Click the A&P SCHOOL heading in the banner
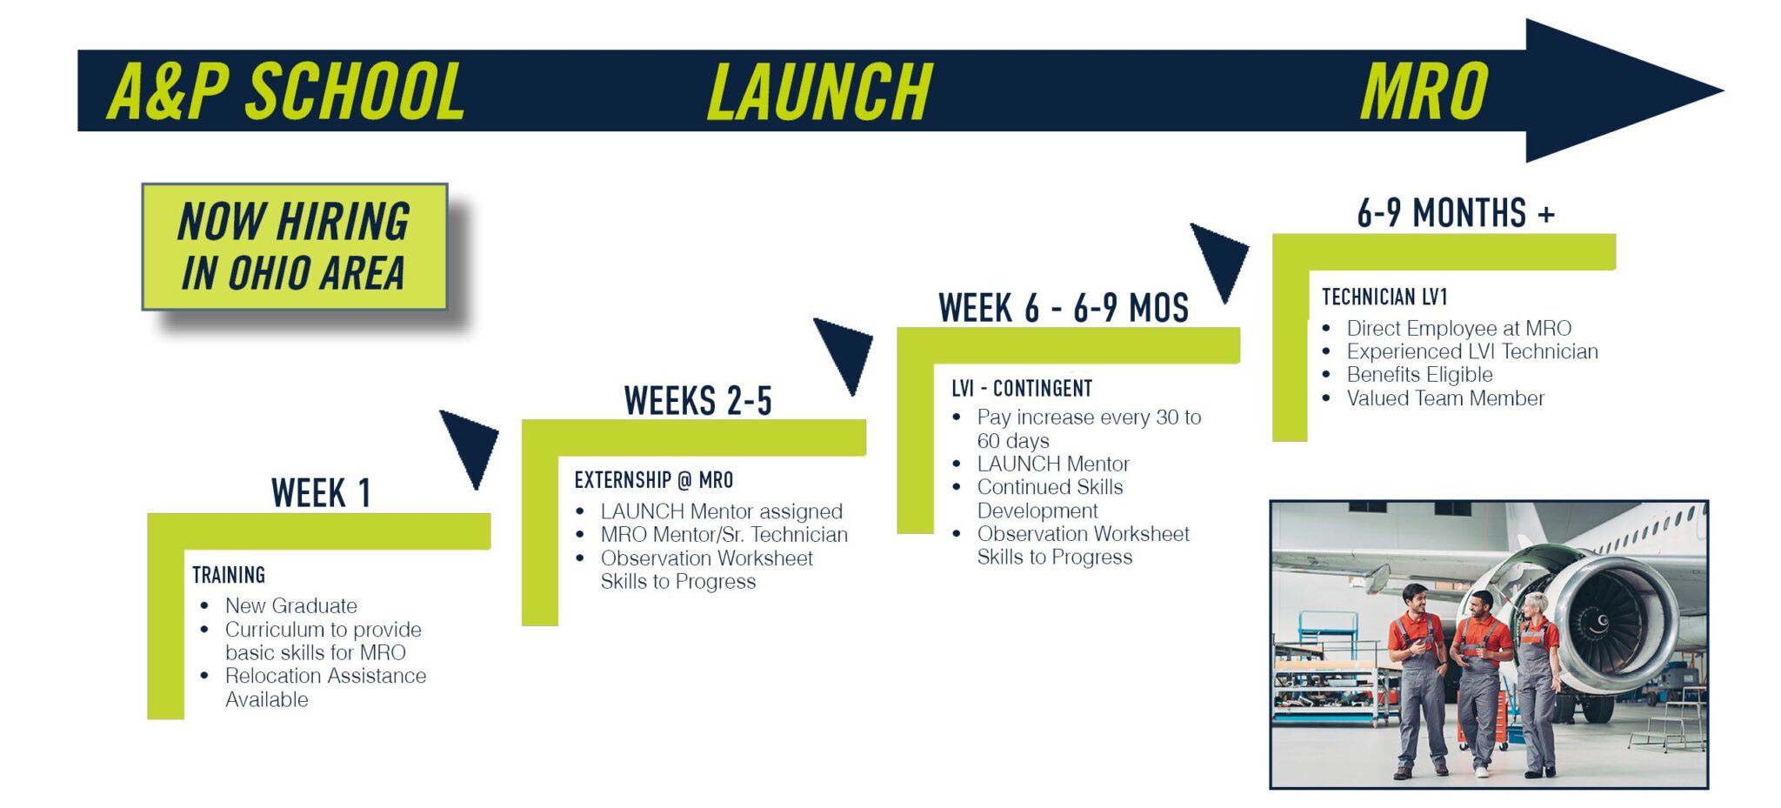286,91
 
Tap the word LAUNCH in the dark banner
820,91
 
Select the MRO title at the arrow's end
1424,91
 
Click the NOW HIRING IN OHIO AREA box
295,247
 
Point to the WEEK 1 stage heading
321,493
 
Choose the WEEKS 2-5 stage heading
697,401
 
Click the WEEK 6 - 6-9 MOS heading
1064,308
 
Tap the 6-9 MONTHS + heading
1456,213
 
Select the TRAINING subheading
229,575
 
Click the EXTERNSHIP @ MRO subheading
654,480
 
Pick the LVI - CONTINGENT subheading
1022,388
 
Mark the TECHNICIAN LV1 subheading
1384,297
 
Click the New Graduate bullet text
291,605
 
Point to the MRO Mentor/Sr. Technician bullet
724,534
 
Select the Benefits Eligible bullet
1420,375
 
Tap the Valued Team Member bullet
1446,398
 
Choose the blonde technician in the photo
1537,683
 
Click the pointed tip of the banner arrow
1723,90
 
